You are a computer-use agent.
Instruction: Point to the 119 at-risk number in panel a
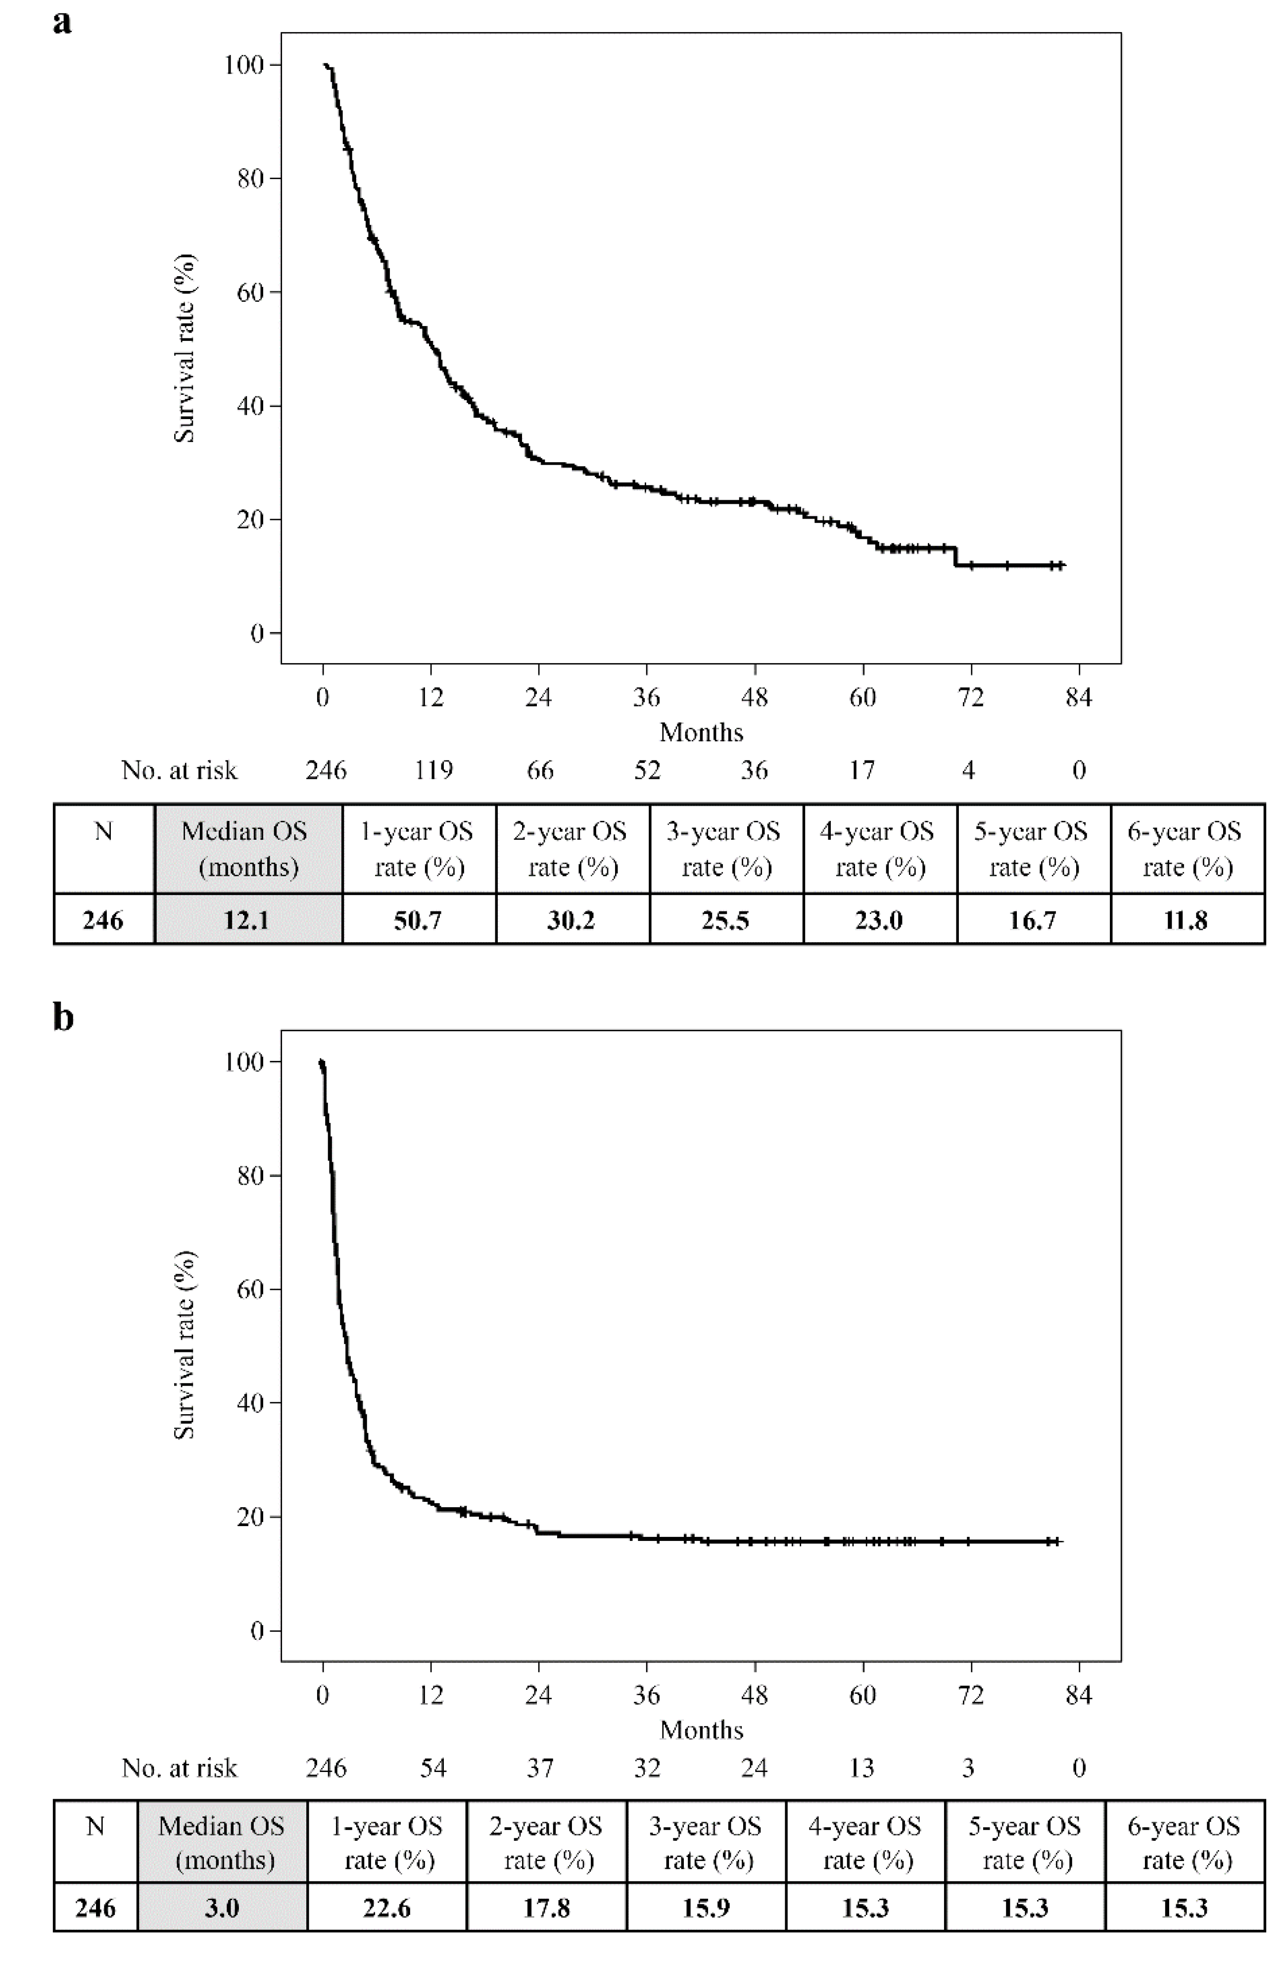click(433, 770)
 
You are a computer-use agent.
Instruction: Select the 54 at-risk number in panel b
click(433, 1768)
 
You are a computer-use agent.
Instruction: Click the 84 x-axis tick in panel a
click(1079, 698)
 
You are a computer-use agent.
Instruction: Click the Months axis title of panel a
click(701, 732)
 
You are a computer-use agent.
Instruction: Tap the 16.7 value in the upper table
click(1033, 920)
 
